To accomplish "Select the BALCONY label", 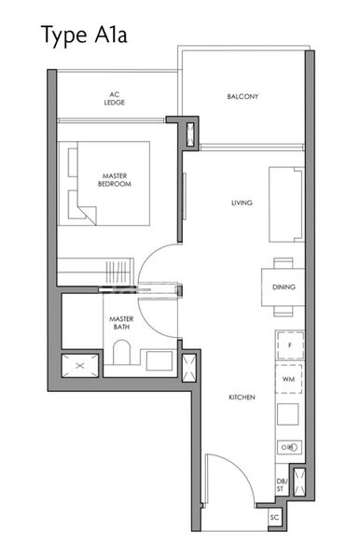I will [x=242, y=96].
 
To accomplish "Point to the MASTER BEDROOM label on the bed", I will [x=116, y=180].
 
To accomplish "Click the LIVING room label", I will [x=243, y=203].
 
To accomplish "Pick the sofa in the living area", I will [x=286, y=204].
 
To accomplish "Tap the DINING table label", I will [x=285, y=287].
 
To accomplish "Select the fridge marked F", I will [x=289, y=344].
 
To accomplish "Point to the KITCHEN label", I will [x=242, y=398].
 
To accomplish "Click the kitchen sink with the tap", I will [x=289, y=447].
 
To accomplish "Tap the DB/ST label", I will [x=281, y=484].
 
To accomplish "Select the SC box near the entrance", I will [x=274, y=516].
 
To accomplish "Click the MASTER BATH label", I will [x=122, y=323].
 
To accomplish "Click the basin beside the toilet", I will [x=159, y=361].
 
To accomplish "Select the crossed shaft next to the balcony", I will [x=190, y=133].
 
